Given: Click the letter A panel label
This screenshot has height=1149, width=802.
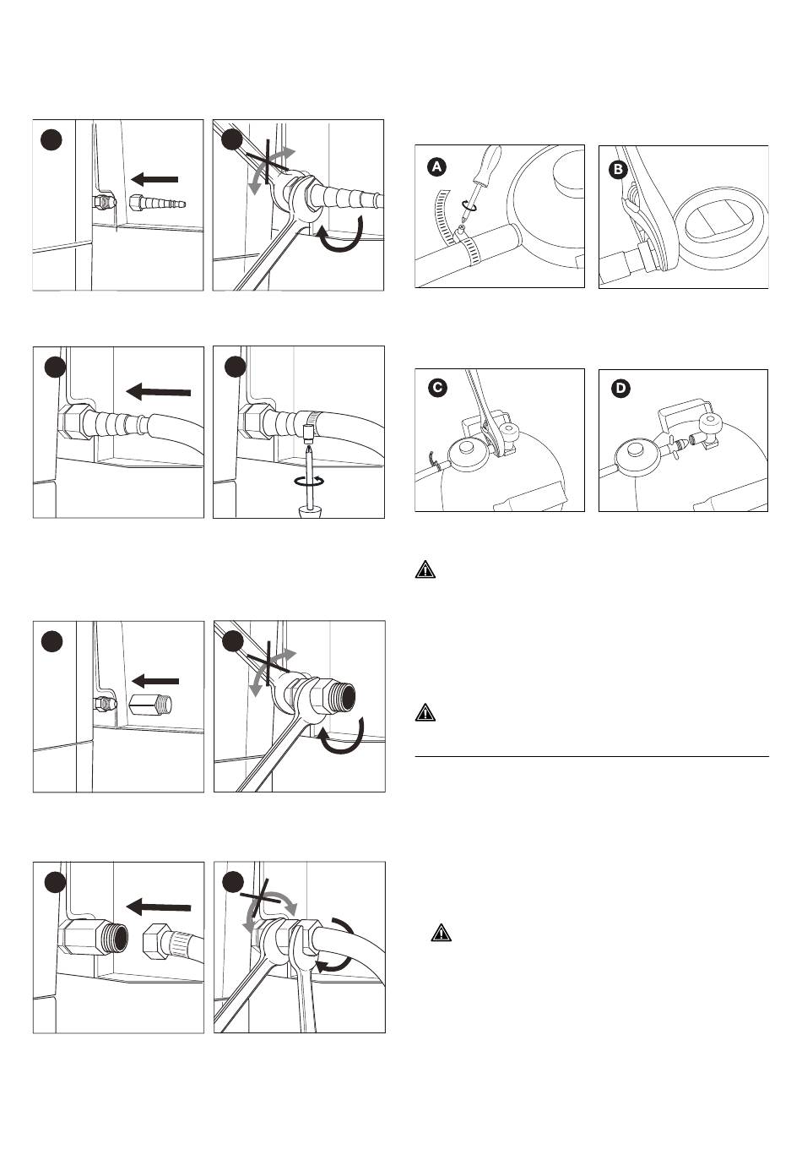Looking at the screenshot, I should (436, 167).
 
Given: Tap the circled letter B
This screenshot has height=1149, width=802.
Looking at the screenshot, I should (619, 169).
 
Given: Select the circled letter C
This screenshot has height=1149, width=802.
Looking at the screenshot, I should (436, 389).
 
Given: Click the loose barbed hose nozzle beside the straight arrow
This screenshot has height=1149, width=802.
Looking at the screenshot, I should (159, 204).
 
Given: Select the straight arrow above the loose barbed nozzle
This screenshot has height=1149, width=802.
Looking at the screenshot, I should (155, 178).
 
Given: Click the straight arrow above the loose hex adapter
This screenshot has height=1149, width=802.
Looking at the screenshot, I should (155, 680).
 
